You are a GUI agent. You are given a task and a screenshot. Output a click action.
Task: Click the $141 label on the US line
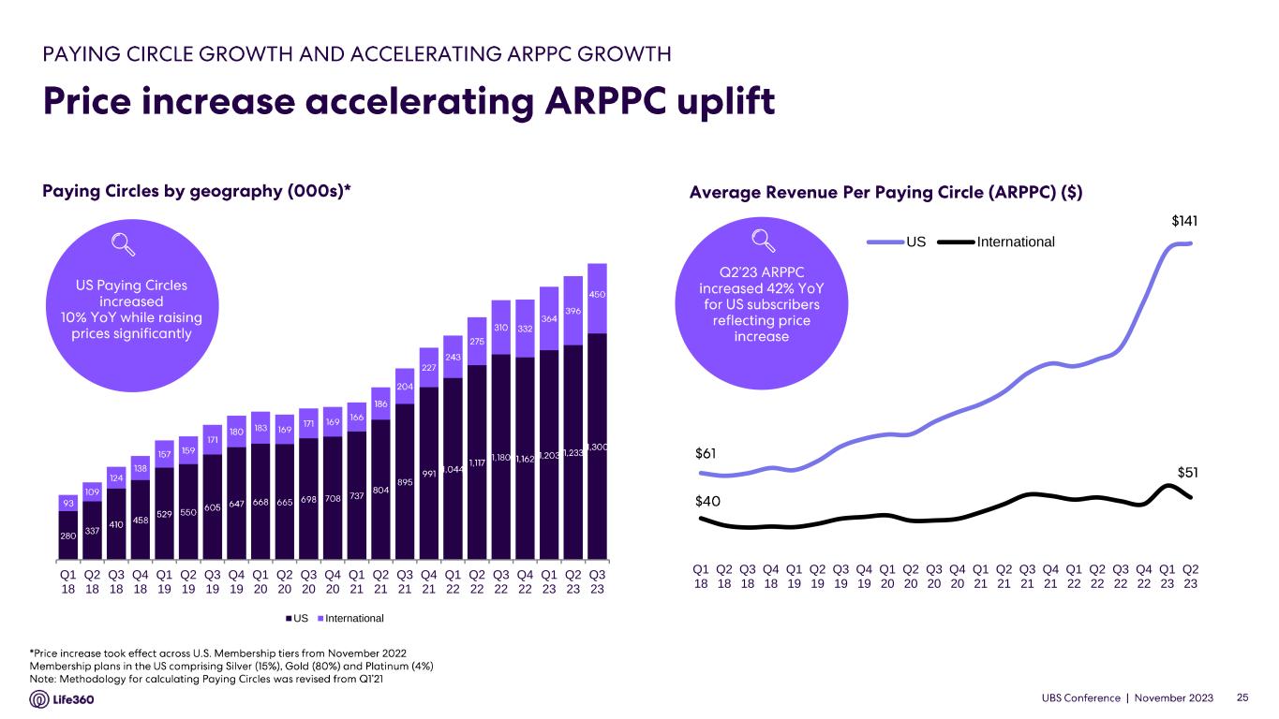click(x=1185, y=222)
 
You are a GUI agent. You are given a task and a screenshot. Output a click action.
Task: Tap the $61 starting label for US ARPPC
click(x=706, y=454)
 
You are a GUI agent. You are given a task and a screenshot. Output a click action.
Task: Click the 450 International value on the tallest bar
click(x=597, y=295)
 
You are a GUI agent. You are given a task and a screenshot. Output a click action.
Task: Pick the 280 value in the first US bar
click(x=68, y=536)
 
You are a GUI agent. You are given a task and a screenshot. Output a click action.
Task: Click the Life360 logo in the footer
click(x=63, y=699)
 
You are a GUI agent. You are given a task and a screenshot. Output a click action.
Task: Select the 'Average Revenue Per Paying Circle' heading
click(x=885, y=192)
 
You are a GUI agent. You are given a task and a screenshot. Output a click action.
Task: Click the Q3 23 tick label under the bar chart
click(x=597, y=582)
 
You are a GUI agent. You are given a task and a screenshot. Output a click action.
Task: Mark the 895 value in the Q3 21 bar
click(x=405, y=483)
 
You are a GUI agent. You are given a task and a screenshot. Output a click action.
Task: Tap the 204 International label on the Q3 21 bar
click(x=405, y=386)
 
